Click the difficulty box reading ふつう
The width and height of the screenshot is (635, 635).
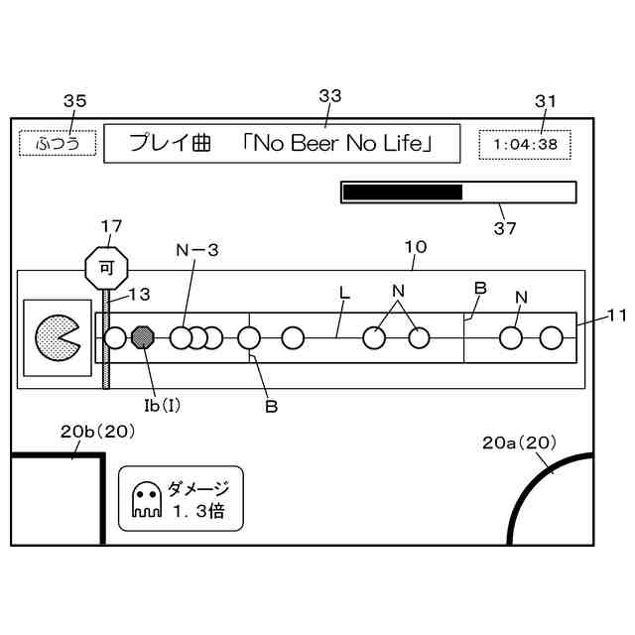coord(58,144)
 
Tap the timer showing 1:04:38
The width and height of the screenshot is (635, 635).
coord(525,144)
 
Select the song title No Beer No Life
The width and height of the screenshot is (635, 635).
coord(339,144)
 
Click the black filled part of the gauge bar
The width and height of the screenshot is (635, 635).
coord(402,192)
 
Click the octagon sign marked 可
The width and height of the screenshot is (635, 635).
coord(106,267)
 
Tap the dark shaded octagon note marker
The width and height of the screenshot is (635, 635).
coord(145,338)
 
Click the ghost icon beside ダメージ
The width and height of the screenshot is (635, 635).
coord(146,501)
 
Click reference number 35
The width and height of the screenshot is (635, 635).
coord(74,100)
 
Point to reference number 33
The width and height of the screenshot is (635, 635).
coord(329,95)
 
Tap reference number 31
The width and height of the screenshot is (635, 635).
coord(546,100)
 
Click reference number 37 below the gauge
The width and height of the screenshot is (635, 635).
coord(505,227)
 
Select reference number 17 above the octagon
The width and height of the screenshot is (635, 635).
coord(112,225)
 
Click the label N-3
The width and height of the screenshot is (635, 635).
coord(197,251)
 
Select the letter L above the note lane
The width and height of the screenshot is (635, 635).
coord(344,294)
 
